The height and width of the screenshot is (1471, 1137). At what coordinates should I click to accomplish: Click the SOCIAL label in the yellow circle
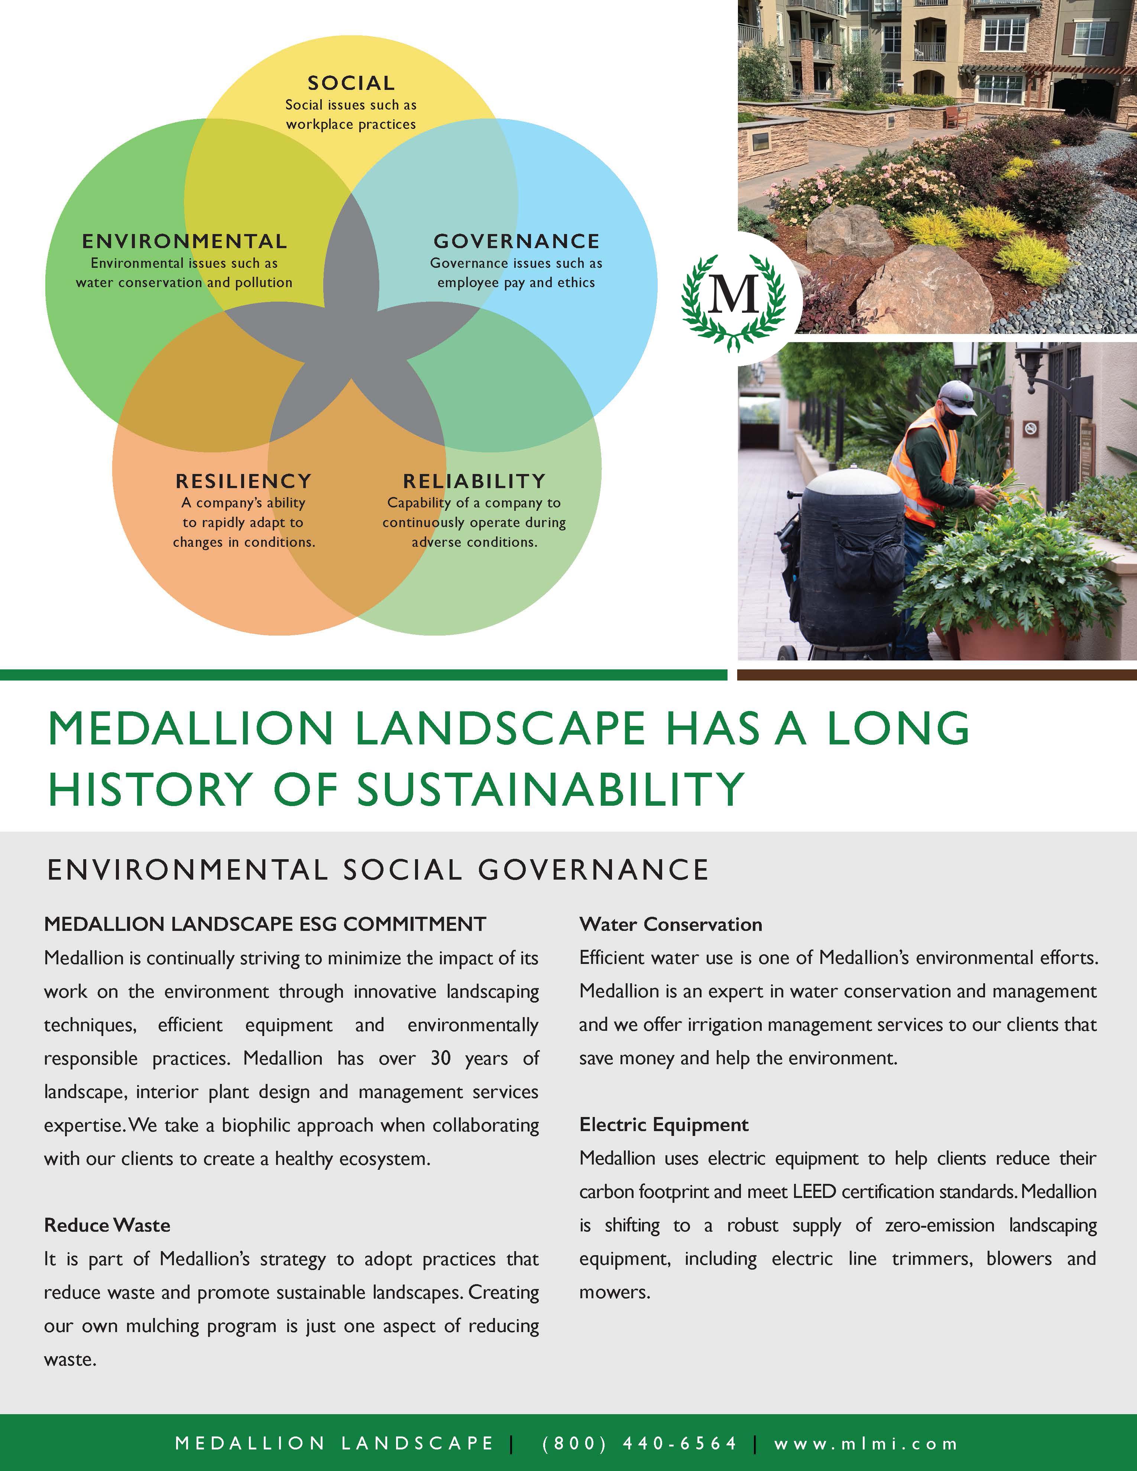tap(351, 84)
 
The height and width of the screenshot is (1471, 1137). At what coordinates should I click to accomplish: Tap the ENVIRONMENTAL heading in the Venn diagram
tap(185, 241)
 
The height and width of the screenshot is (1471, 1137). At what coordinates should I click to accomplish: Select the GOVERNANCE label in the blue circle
tap(516, 241)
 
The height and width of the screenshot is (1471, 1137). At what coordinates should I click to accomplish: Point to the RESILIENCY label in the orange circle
tap(244, 481)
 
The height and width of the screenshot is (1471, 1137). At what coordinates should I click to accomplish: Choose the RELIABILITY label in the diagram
tap(474, 481)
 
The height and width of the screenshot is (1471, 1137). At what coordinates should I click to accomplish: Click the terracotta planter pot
tap(1010, 636)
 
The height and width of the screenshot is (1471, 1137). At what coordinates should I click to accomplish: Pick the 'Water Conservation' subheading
tap(670, 924)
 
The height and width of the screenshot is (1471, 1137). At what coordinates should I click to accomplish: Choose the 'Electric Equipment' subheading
tap(664, 1125)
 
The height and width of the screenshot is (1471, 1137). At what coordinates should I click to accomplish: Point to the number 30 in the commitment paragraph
tap(441, 1058)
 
